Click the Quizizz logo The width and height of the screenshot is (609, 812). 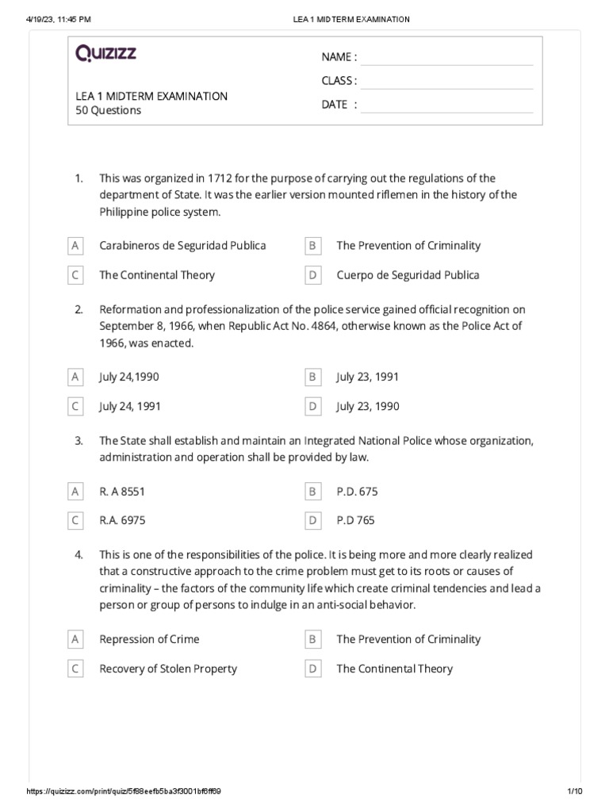pyautogui.click(x=105, y=54)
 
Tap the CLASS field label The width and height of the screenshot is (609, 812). pyautogui.click(x=339, y=81)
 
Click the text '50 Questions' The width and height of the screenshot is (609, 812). pyautogui.click(x=108, y=111)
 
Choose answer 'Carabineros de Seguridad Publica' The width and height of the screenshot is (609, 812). pyautogui.click(x=182, y=246)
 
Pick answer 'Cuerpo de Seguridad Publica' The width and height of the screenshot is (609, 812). pyautogui.click(x=408, y=275)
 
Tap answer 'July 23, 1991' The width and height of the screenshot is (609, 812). pyautogui.click(x=367, y=377)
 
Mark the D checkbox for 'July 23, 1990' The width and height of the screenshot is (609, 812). pyautogui.click(x=313, y=407)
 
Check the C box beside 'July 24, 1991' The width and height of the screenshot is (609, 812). pyautogui.click(x=75, y=407)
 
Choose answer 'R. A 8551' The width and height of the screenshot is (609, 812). pyautogui.click(x=122, y=492)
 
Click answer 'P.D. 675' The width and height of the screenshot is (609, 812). pyautogui.click(x=357, y=492)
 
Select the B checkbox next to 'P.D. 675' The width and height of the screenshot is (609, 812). pyautogui.click(x=313, y=492)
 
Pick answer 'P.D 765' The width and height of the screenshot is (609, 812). pyautogui.click(x=355, y=521)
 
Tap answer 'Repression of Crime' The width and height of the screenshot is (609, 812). pyautogui.click(x=149, y=639)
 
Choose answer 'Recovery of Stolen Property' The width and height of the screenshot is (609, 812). pyautogui.click(x=167, y=668)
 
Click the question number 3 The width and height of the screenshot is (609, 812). pyautogui.click(x=79, y=441)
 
